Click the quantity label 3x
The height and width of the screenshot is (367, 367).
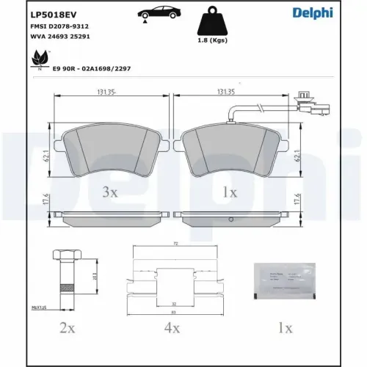coord(110,192)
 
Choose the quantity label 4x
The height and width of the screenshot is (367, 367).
coord(172,327)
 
